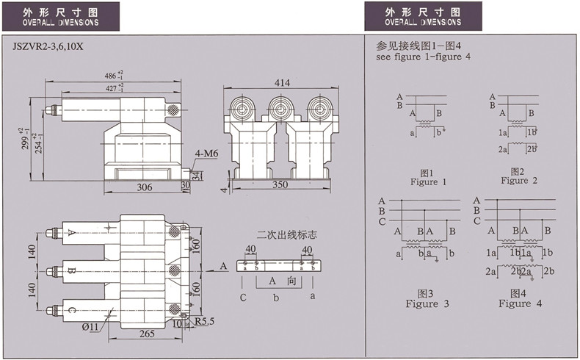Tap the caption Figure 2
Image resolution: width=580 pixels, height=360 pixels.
click(519, 181)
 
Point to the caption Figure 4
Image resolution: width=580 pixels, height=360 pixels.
click(520, 303)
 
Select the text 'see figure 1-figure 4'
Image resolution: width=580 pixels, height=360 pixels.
click(423, 57)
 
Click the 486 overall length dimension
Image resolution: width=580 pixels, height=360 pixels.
click(114, 76)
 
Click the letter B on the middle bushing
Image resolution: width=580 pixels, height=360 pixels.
click(71, 270)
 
